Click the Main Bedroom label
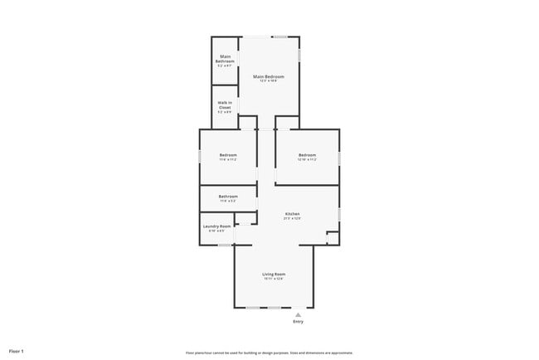pos(269,76)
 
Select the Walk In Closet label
pos(225,105)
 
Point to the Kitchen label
pos(292,214)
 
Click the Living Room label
pos(274,274)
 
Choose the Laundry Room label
pos(214,226)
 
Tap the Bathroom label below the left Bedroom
pos(228,196)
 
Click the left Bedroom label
pos(228,155)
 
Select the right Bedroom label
pos(308,155)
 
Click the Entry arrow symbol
pos(298,314)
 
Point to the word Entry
pos(298,321)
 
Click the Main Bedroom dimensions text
pos(269,80)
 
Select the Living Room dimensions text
pos(274,279)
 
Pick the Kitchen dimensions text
pos(292,218)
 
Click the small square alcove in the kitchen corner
pos(332,239)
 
